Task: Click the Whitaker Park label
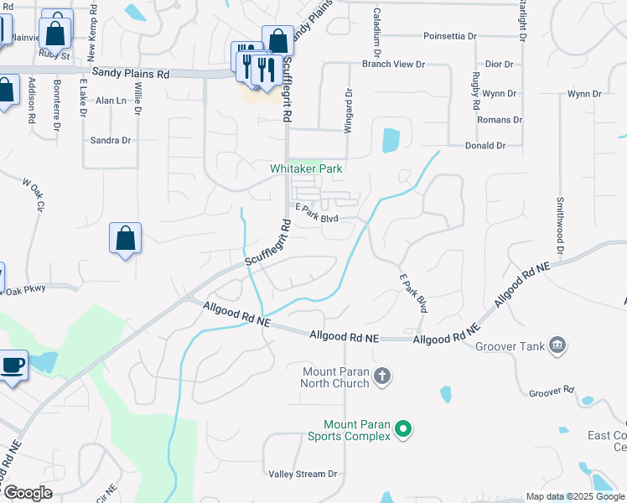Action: (306, 169)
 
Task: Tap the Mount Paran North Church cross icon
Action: (381, 375)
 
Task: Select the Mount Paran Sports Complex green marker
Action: (403, 429)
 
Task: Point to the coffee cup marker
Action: (13, 365)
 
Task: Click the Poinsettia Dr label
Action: (450, 36)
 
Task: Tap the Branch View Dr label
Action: (393, 64)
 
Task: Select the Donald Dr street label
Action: (485, 145)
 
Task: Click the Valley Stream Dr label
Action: (303, 474)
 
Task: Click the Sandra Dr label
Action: (111, 140)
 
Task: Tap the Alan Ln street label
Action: (111, 101)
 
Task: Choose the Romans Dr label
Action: (500, 120)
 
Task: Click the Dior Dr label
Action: (499, 64)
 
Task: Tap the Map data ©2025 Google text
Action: (575, 496)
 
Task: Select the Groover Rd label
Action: (552, 392)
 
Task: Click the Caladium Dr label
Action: (378, 26)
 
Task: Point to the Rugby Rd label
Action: (475, 91)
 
